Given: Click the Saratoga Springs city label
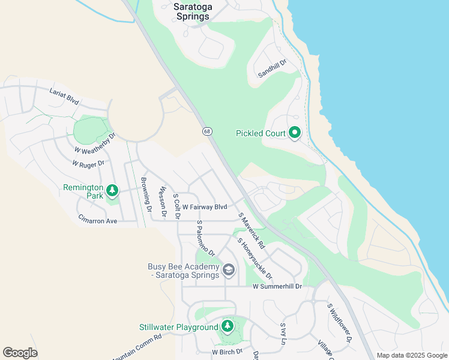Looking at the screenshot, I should pos(191,11).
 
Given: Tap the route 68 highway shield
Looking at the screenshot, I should pos(207,131).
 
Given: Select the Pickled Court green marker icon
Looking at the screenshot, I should pos(294,133).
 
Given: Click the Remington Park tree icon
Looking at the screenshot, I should pos(112,191).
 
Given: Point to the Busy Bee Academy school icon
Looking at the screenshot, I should pos(228,271).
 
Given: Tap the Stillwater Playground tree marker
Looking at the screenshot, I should pos(227,326).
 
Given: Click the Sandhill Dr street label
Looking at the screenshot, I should pos(273,68).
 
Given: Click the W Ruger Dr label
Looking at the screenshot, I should pos(88,163).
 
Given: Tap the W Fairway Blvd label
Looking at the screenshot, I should pos(205,206).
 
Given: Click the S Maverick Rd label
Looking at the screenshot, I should pos(252,230).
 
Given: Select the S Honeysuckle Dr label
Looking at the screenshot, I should pos(255,259).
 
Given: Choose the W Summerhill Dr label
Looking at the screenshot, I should pos(277,287).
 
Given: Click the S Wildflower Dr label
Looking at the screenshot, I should pos(339,323).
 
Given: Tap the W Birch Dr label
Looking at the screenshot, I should pos(227,352).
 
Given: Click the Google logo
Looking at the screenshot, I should pos(20,353).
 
